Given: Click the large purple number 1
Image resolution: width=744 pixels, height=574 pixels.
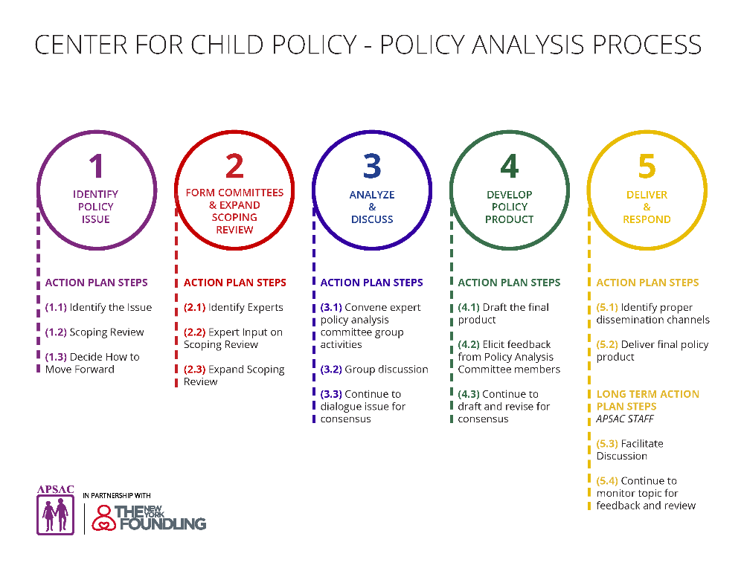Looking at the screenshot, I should pyautogui.click(x=96, y=167).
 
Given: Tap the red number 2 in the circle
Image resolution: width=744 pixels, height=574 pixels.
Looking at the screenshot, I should pyautogui.click(x=234, y=167).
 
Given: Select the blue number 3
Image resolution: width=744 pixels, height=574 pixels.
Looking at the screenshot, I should pyautogui.click(x=372, y=167).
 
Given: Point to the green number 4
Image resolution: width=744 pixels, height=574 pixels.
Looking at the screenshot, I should pyautogui.click(x=509, y=167).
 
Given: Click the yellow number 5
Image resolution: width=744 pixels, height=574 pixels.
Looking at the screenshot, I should pyautogui.click(x=647, y=167).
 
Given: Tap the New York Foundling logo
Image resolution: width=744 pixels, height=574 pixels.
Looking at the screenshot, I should pyautogui.click(x=149, y=517).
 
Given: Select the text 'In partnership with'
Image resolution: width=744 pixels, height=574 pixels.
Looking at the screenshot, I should pyautogui.click(x=117, y=495).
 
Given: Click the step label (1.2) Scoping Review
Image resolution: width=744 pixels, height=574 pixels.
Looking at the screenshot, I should pyautogui.click(x=94, y=332).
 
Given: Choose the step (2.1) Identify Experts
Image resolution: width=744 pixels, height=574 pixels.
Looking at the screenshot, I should pyautogui.click(x=234, y=307).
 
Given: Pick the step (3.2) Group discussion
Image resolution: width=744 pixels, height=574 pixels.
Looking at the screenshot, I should pyautogui.click(x=374, y=369).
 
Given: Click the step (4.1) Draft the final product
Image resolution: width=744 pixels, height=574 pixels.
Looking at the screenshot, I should pyautogui.click(x=503, y=313).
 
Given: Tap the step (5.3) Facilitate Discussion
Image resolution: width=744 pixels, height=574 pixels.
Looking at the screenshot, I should pyautogui.click(x=629, y=450).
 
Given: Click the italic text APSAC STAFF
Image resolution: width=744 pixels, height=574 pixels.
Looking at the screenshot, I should pyautogui.click(x=625, y=419).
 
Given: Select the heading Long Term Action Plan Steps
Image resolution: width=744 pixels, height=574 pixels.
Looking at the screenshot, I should pyautogui.click(x=647, y=400).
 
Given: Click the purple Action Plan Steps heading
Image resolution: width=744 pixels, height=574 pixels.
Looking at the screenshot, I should pyautogui.click(x=96, y=283).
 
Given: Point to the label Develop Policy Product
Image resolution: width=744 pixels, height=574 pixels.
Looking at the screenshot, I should pyautogui.click(x=509, y=207).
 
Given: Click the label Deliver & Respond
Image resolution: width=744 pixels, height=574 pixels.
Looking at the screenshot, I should pyautogui.click(x=647, y=207).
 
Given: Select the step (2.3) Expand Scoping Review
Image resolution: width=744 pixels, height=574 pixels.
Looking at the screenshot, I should pyautogui.click(x=234, y=375).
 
